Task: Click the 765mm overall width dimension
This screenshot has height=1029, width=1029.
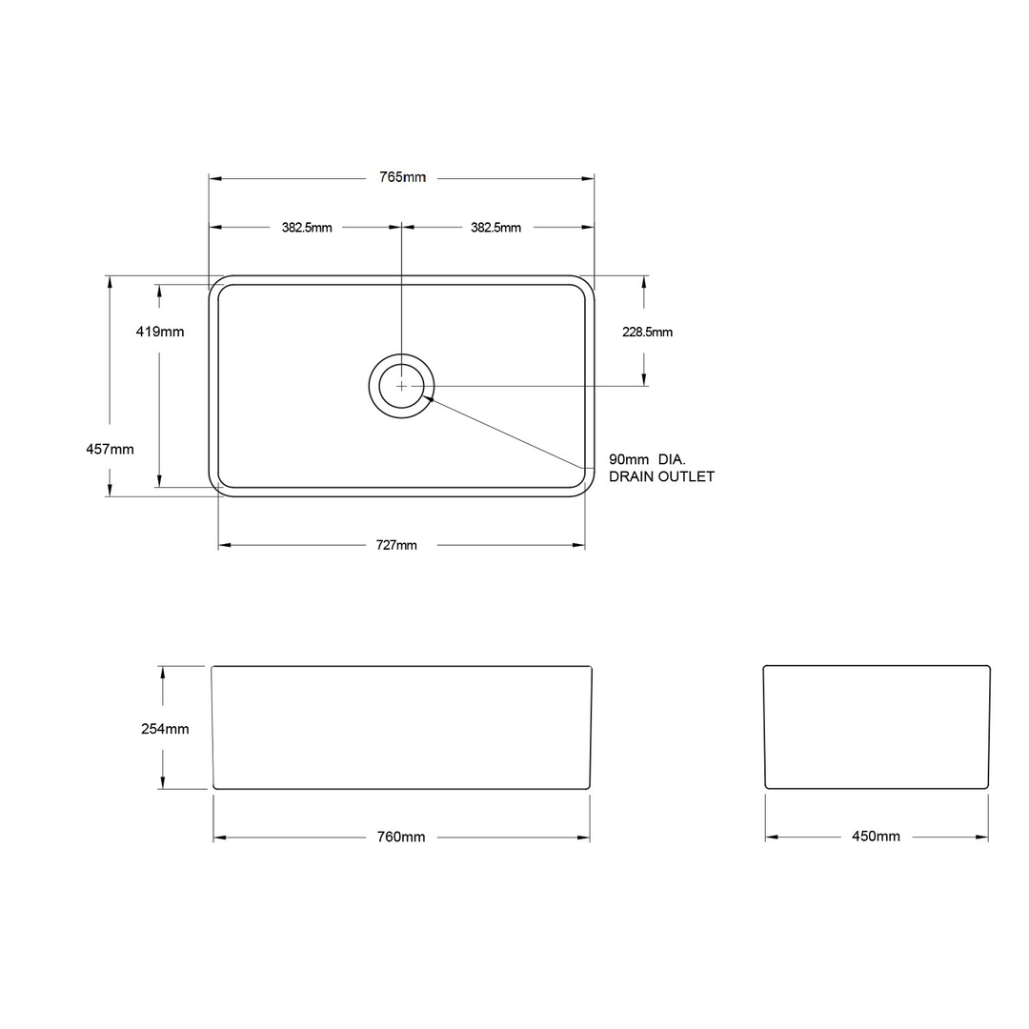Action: (x=402, y=178)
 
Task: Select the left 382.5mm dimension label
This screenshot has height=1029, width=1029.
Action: (x=307, y=228)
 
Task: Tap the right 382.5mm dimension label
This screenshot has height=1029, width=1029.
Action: (x=495, y=228)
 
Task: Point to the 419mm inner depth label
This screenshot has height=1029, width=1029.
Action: (x=159, y=332)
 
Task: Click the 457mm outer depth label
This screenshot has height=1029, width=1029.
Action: (x=110, y=449)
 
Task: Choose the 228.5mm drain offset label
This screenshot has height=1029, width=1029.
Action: (x=647, y=332)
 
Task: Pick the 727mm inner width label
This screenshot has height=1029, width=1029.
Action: (x=395, y=545)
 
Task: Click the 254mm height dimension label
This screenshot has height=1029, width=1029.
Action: (x=165, y=729)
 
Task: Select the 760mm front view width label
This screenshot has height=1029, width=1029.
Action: (x=401, y=837)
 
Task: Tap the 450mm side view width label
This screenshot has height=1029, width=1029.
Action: (x=876, y=837)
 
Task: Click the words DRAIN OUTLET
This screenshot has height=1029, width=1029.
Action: (x=661, y=476)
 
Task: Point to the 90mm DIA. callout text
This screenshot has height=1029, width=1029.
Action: (x=647, y=459)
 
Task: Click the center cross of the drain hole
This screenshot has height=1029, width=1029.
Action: (x=402, y=386)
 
